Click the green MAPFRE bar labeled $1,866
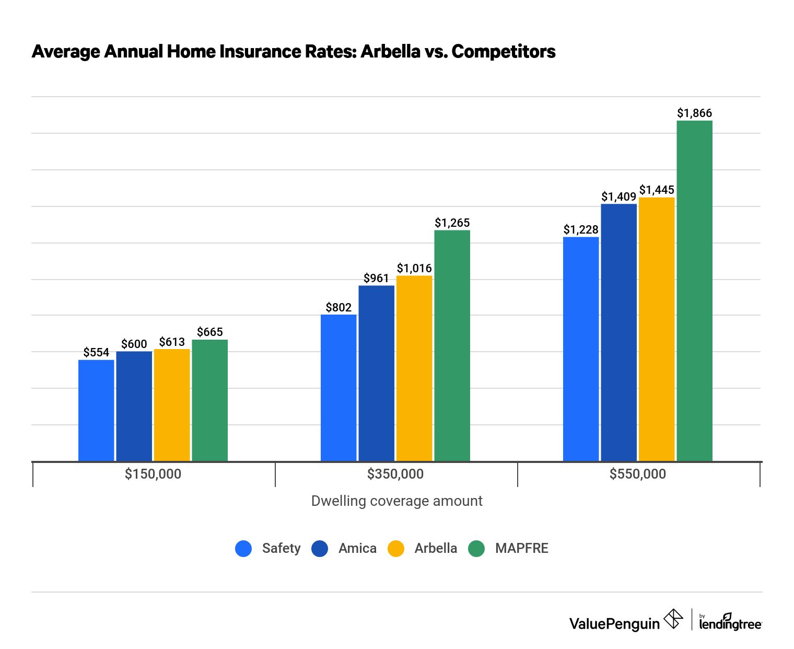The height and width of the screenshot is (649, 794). tap(694, 291)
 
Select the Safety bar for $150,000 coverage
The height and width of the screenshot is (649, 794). tap(96, 410)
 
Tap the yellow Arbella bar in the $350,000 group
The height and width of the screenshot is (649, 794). tap(414, 368)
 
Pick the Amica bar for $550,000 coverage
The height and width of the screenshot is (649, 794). tap(618, 332)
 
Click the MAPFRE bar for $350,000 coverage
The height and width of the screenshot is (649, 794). tap(452, 345)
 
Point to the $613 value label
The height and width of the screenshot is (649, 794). tap(172, 342)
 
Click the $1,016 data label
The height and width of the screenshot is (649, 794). tap(414, 268)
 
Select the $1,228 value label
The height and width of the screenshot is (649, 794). tap(581, 229)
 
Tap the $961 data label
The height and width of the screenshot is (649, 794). tap(376, 278)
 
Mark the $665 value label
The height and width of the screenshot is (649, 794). tap(210, 332)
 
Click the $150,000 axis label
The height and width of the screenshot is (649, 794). tap(153, 474)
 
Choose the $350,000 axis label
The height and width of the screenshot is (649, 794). tap(395, 474)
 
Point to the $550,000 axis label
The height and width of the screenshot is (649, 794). tap(638, 474)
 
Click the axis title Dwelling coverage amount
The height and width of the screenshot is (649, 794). tap(396, 501)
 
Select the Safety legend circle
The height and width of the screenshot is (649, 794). tap(243, 548)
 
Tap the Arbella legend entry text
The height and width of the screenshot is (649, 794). tap(436, 548)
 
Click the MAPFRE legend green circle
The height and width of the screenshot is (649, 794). tap(476, 548)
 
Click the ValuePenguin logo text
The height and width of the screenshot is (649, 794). tap(614, 623)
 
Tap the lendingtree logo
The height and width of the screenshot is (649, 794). tap(730, 622)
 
